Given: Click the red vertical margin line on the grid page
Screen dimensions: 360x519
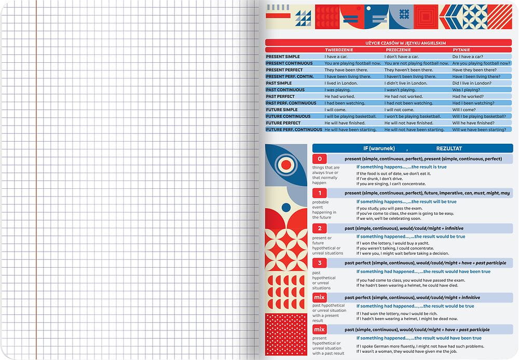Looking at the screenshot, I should [36, 182].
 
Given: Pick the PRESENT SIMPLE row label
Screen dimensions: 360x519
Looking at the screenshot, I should [283, 57].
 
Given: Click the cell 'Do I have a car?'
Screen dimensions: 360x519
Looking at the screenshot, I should [468, 57].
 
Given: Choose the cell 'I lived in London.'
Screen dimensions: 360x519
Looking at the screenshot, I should [339, 83].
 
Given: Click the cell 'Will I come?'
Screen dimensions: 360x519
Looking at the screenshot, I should [464, 109].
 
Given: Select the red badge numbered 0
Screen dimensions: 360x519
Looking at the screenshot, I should [319, 159].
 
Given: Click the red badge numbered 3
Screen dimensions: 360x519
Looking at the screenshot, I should [319, 262].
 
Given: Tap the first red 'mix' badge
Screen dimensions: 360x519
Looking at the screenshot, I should [319, 297].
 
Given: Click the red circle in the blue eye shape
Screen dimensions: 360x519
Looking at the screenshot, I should [285, 165].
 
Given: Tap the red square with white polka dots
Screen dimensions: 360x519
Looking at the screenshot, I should [286, 335].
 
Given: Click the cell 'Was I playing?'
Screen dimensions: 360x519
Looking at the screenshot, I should [467, 90].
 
